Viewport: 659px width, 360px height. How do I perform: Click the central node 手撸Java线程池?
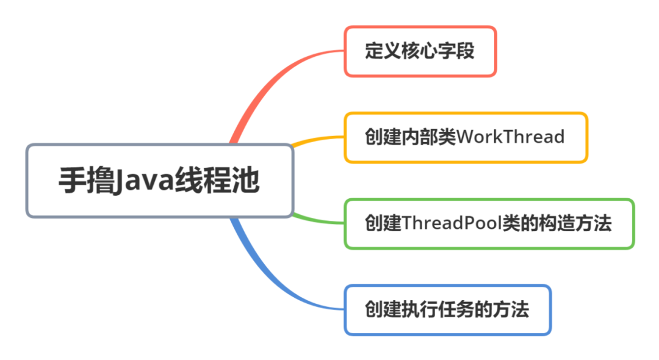160,181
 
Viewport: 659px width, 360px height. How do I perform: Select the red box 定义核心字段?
420,51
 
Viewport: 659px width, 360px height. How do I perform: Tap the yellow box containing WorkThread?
466,137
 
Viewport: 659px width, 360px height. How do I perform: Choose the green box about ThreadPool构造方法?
489,223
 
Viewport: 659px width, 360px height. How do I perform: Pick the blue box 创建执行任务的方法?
447,309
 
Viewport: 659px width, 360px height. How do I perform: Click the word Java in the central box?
143,181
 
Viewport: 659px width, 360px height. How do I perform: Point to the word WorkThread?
510,137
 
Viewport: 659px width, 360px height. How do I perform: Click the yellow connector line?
317,139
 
